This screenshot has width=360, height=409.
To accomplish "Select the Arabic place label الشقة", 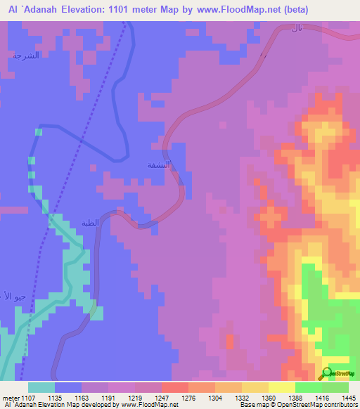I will pyautogui.click(x=158, y=166).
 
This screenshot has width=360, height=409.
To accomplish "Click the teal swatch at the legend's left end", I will pyautogui.click(x=41, y=387).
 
